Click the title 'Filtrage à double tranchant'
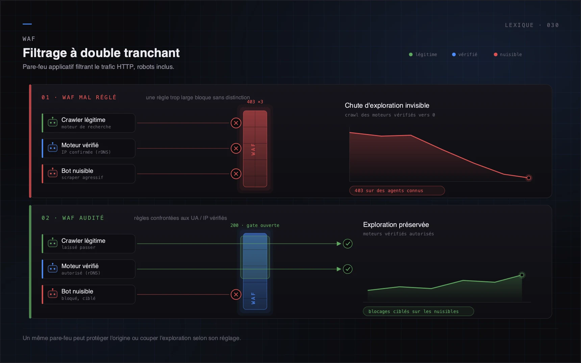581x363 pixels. click(101, 53)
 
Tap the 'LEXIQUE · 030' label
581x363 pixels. click(532, 25)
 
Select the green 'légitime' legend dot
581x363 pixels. click(411, 54)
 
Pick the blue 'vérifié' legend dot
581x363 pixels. click(454, 54)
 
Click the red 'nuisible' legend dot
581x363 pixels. click(496, 54)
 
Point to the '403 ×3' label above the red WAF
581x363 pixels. click(255, 102)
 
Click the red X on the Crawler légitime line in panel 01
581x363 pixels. click(236, 123)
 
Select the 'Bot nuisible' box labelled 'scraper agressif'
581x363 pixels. click(89, 174)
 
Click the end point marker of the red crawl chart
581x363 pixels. click(529, 178)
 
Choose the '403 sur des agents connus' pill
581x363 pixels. click(397, 190)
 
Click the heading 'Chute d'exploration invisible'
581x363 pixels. click(387, 105)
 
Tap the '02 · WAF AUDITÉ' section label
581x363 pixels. click(73, 218)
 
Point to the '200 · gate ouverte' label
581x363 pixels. click(255, 225)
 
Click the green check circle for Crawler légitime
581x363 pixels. click(348, 243)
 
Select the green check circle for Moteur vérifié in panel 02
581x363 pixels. click(348, 269)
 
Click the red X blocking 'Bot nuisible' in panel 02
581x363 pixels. click(236, 294)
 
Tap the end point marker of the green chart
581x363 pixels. click(522, 275)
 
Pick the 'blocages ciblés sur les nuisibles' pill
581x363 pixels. click(419, 311)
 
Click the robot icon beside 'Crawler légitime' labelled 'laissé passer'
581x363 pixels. click(53, 243)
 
